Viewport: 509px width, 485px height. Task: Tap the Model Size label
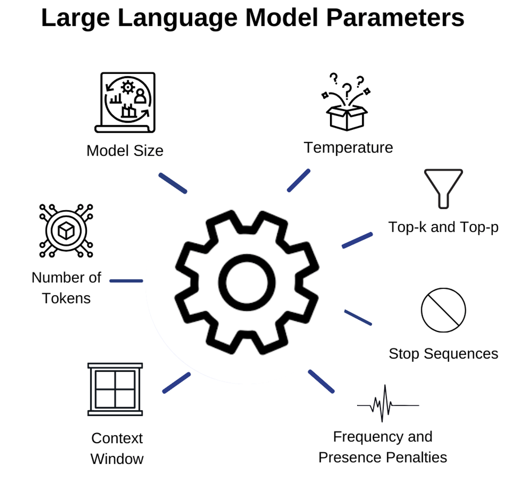point(125,151)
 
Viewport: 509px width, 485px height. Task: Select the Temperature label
point(348,148)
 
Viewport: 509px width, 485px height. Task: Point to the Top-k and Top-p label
point(443,227)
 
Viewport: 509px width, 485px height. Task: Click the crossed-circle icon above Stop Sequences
point(443,310)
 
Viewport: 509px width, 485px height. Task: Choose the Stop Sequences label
point(443,353)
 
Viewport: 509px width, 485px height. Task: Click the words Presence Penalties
point(383,457)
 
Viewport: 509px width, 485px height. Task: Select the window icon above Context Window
point(115,389)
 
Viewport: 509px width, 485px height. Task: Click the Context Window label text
point(117,448)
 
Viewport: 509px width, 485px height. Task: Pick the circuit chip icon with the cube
point(66,231)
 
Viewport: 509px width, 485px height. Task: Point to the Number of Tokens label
point(66,288)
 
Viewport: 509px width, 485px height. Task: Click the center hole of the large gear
point(247,282)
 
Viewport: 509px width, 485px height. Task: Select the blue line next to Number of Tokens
point(126,281)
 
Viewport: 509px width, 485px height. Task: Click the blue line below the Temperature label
point(299,181)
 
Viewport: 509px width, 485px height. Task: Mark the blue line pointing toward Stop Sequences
point(358,317)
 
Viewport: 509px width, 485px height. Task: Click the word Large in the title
point(76,18)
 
